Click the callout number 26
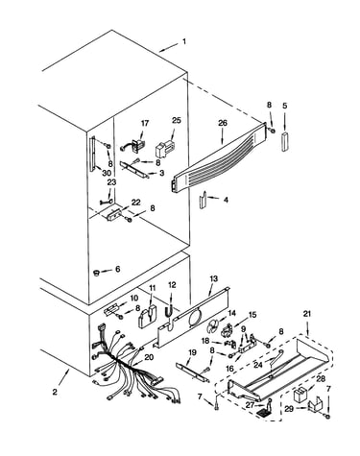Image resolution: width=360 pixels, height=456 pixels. coord(223,123)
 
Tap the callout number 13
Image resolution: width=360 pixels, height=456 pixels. coord(213,278)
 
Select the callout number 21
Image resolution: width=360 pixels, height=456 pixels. coord(307,314)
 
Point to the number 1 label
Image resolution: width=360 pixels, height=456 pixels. coord(184,41)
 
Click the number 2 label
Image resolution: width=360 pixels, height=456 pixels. coord(55,392)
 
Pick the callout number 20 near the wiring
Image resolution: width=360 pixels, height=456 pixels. coord(149,357)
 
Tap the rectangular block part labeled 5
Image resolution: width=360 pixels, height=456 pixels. coord(285,141)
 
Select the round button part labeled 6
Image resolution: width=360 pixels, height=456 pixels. coord(95,273)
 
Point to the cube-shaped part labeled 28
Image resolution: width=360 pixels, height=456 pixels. coord(299,395)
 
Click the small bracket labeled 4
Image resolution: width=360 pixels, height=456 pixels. coord(203,201)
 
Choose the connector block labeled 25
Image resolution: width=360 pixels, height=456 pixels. coord(163,148)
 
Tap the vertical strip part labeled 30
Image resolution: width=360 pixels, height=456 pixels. coord(93,154)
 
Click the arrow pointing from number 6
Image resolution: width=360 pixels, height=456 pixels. coord(106,271)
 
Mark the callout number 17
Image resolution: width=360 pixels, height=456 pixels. coord(145,124)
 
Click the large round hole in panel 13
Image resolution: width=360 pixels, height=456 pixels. coord(195,319)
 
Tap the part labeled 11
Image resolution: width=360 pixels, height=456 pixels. coord(147,317)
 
